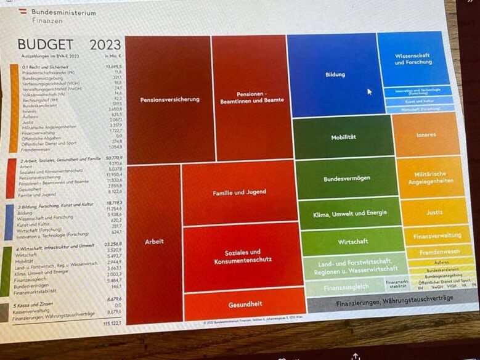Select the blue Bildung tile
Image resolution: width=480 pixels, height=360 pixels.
click(332, 75)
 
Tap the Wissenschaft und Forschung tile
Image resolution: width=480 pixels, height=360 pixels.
click(412, 59)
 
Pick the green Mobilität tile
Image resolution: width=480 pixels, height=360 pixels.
click(343, 137)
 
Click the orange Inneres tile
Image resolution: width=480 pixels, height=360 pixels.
click(426, 134)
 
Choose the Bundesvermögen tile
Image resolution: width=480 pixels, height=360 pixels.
click(346, 179)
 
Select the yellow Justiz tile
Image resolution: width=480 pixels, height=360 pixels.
click(434, 213)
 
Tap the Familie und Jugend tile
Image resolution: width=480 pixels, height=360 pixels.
click(239, 193)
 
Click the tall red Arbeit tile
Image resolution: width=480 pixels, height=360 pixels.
click(153, 241)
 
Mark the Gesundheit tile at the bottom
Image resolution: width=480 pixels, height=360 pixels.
click(245, 303)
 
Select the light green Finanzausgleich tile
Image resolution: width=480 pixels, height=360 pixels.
click(346, 287)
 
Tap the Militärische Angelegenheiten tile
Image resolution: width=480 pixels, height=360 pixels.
click(431, 178)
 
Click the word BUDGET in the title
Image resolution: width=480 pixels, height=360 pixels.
click(45, 44)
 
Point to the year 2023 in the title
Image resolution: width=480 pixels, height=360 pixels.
click(105, 45)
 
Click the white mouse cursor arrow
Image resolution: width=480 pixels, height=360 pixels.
click(370, 91)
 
